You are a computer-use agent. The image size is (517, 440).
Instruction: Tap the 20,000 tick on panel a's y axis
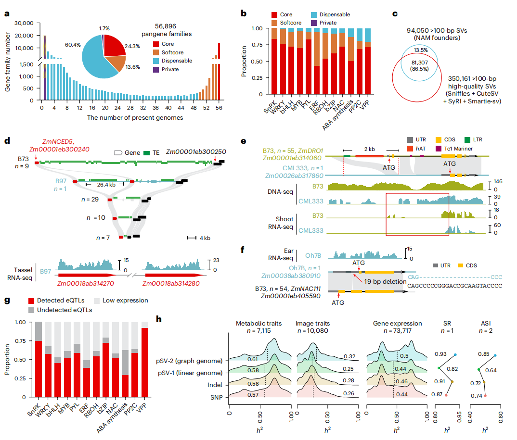[24, 36]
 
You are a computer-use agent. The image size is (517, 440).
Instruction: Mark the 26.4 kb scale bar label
[102, 184]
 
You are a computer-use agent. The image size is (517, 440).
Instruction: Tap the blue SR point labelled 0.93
[455, 355]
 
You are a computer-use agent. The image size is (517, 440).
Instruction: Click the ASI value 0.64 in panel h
[491, 371]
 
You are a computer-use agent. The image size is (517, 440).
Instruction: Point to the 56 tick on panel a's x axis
[220, 109]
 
